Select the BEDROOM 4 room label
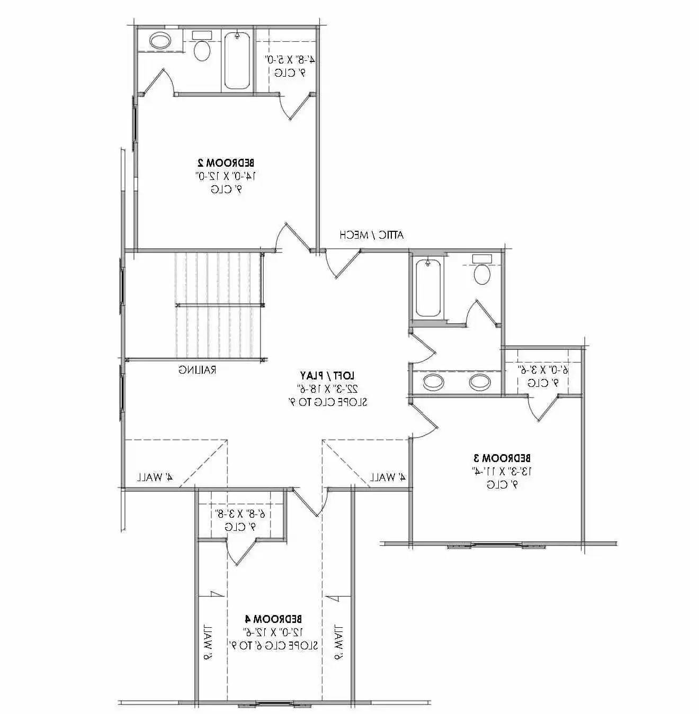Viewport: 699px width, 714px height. pos(274,619)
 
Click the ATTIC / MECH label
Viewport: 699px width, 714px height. pos(372,234)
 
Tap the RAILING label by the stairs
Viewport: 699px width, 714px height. pos(197,369)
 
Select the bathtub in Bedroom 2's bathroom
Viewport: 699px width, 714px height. pos(237,61)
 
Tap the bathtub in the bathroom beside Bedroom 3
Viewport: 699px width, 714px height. pos(428,288)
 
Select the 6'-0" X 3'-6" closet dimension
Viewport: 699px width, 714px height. pos(542,369)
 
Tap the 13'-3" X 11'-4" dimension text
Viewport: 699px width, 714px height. pos(501,471)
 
